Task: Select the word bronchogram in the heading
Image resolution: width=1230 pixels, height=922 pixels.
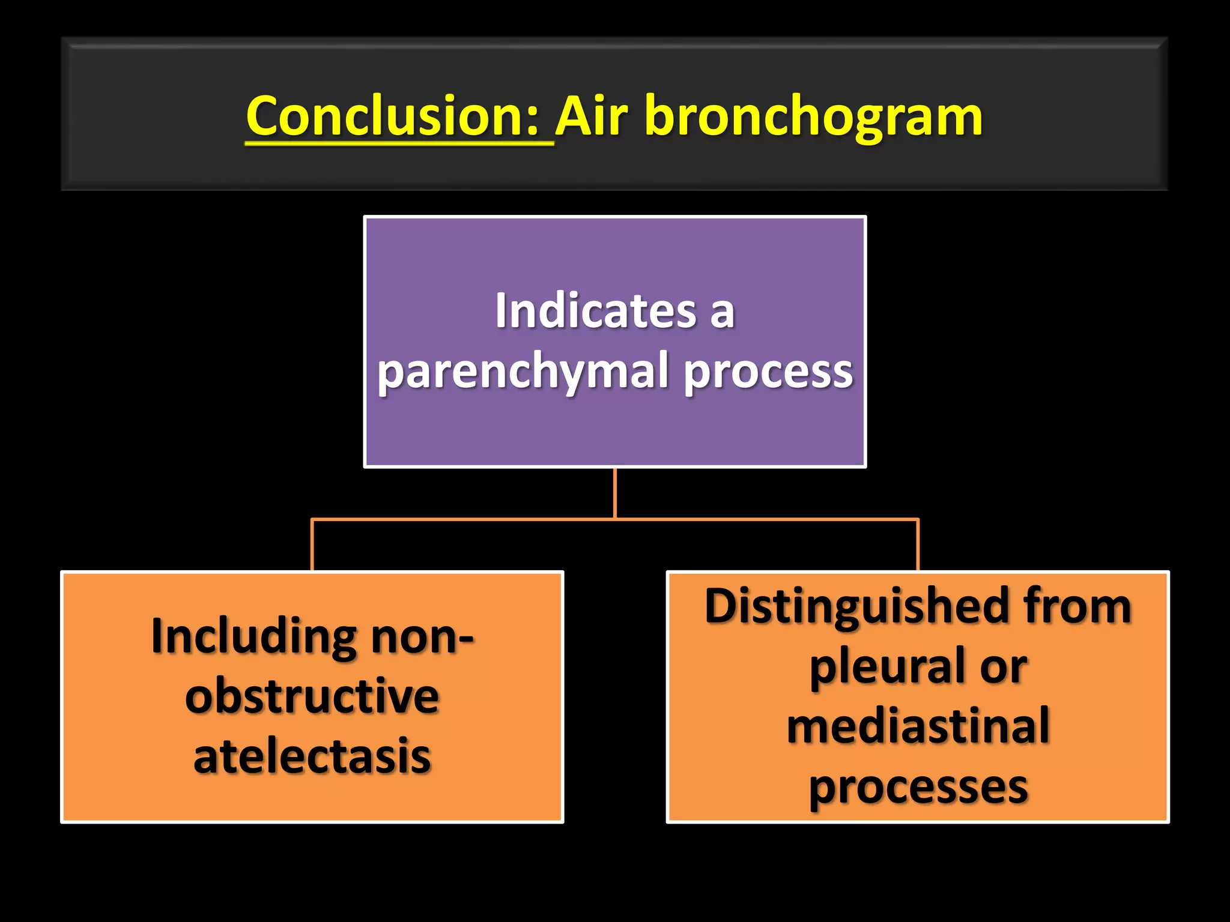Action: point(814,117)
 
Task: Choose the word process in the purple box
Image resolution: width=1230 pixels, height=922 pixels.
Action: point(769,372)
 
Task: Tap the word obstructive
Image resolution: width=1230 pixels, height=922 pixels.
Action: point(312,696)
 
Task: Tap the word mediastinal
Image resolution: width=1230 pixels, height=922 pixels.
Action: point(918,726)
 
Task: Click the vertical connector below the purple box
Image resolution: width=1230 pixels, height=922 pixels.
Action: point(615,492)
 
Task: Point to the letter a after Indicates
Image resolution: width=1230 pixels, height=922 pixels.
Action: point(723,312)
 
